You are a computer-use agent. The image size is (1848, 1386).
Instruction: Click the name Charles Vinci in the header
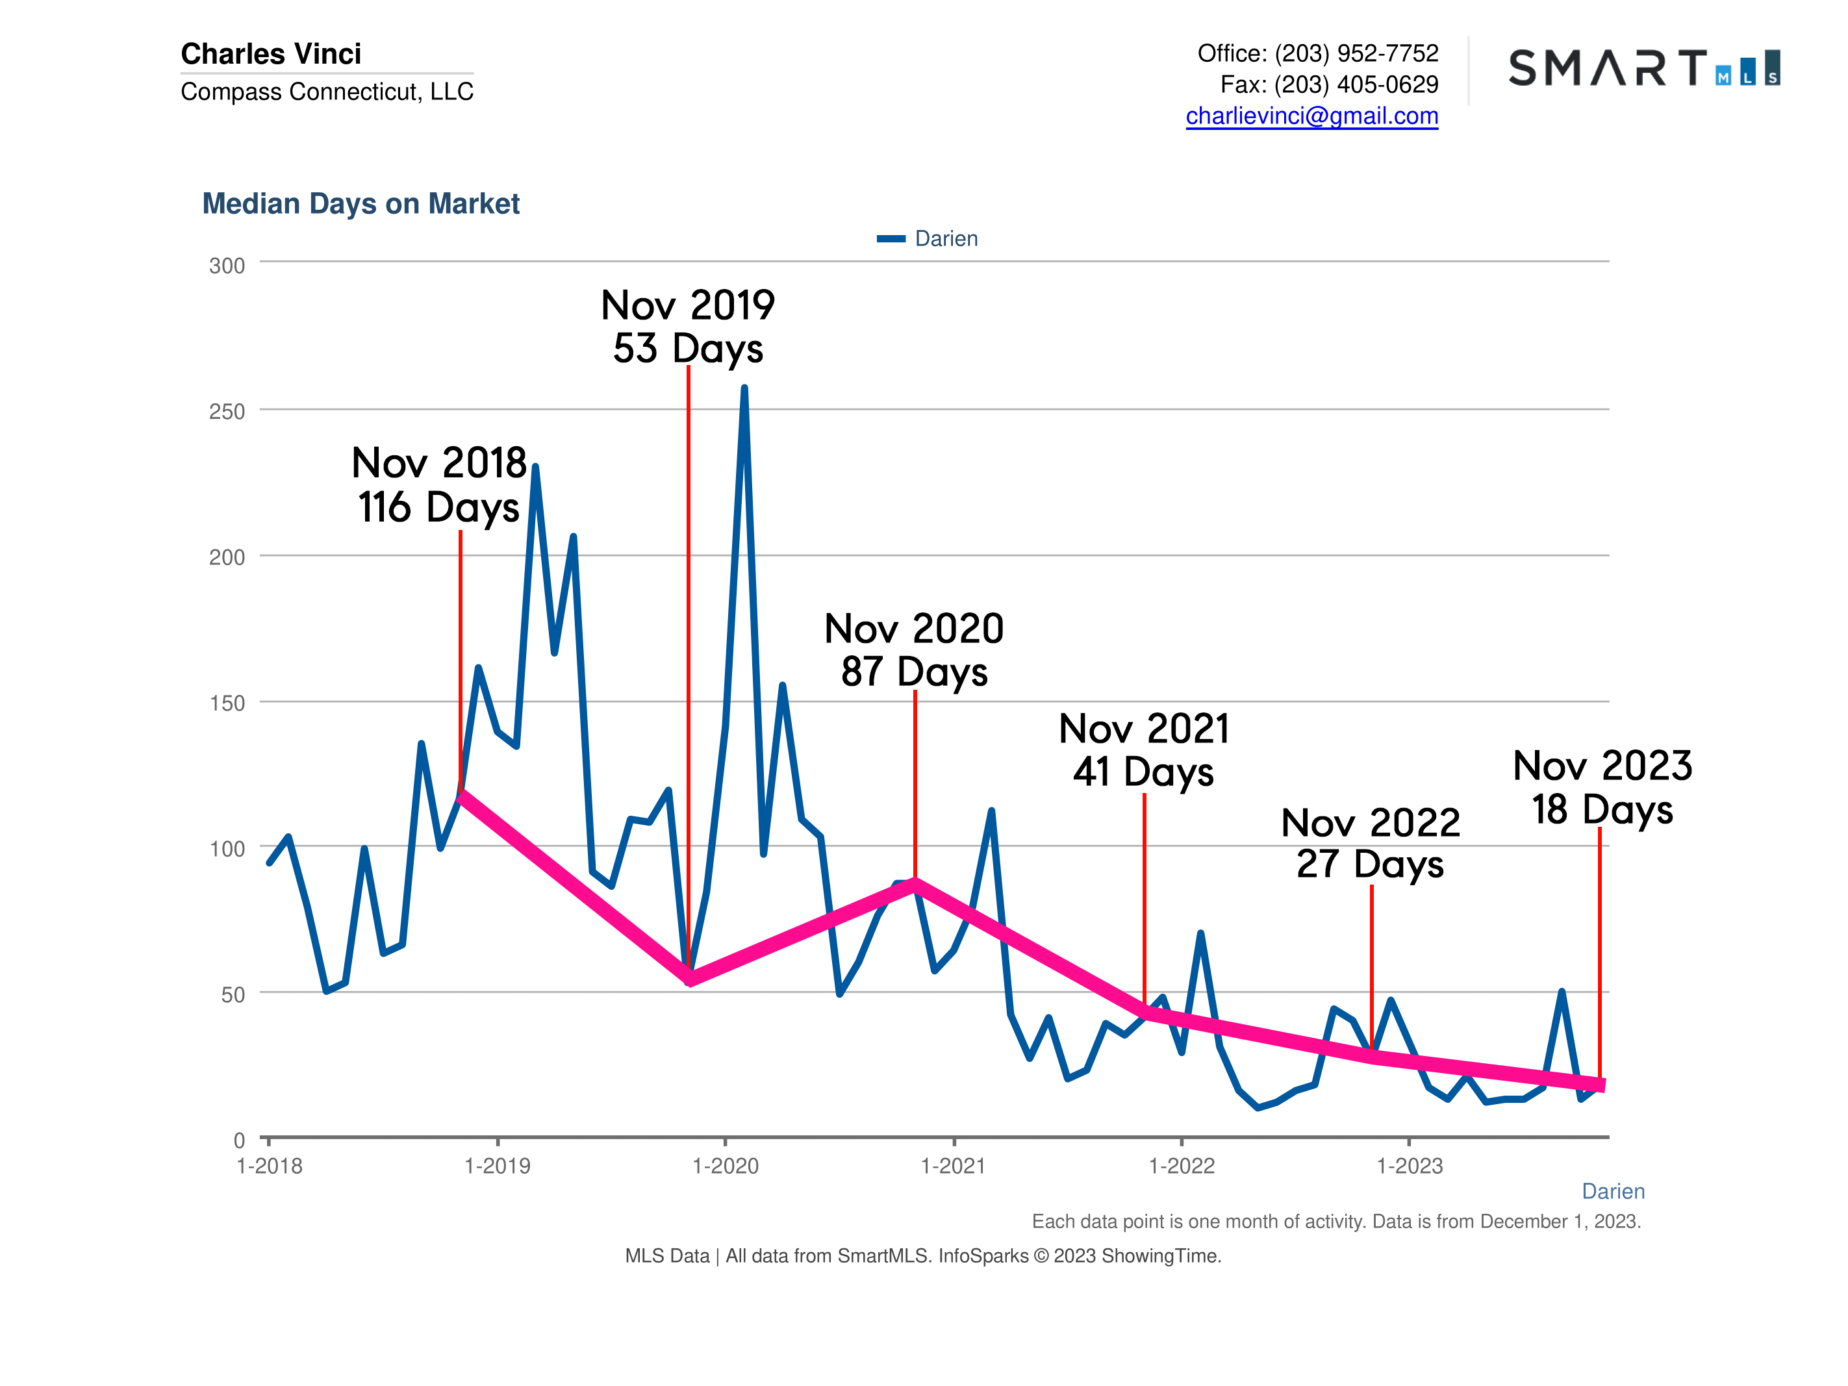pos(271,53)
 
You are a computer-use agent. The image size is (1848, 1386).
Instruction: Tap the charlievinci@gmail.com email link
pos(1311,116)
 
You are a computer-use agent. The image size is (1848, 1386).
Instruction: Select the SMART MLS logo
pos(1643,68)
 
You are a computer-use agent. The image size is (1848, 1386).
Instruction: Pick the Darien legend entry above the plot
pos(928,239)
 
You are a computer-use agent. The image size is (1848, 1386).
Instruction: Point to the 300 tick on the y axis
pos(227,266)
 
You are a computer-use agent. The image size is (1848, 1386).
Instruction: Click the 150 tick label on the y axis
pos(227,703)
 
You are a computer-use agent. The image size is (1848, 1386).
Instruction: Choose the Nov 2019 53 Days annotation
pos(688,327)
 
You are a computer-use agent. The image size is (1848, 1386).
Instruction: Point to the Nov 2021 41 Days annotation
pos(1144,750)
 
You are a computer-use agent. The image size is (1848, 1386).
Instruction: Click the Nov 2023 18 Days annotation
pos(1602,788)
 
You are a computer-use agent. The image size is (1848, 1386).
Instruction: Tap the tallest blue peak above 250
pos(744,388)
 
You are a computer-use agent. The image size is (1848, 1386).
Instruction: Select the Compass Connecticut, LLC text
pos(327,91)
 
